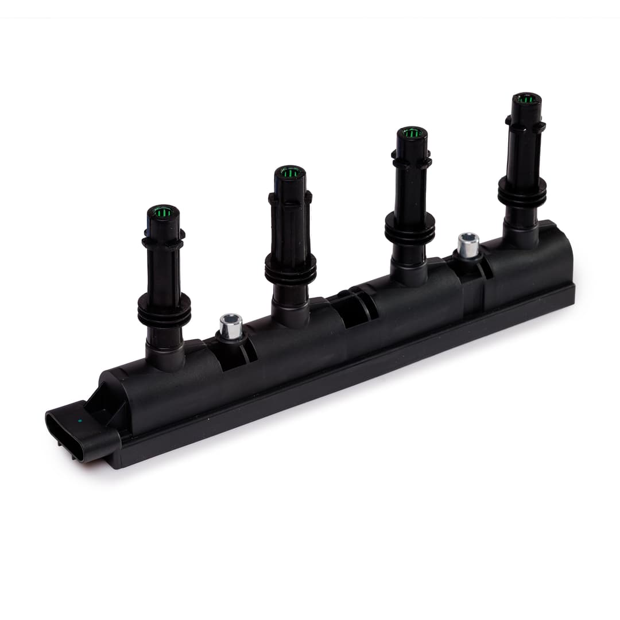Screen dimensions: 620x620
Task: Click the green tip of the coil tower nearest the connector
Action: point(163,212)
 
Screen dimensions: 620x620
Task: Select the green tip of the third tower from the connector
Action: point(412,134)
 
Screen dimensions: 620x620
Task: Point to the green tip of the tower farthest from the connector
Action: point(526,99)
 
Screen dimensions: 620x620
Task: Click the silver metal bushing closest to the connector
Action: point(231,326)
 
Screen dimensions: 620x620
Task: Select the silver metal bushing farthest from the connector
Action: point(468,245)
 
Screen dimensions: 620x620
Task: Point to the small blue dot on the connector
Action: point(80,421)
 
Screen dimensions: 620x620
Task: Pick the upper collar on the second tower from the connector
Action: point(290,198)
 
